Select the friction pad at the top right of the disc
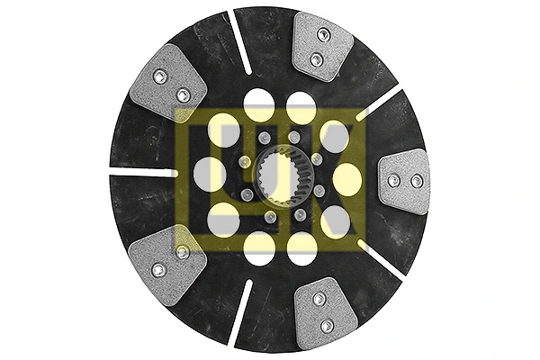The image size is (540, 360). [x=322, y=46]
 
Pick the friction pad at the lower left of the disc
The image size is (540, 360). [x=167, y=265]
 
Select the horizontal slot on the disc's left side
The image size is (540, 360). [x=142, y=172]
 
